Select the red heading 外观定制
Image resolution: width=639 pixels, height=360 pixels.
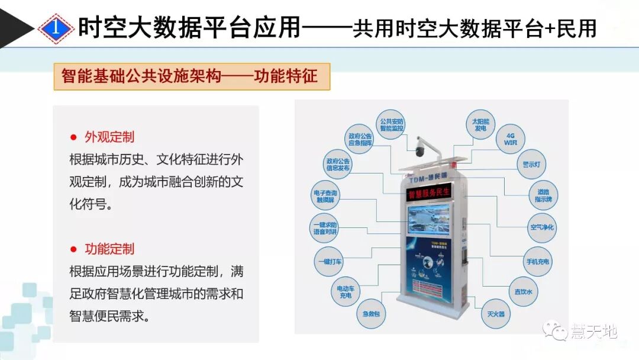click(x=109, y=137)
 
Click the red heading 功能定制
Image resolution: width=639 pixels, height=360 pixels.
click(x=109, y=249)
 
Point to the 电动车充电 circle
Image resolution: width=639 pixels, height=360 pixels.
click(x=345, y=292)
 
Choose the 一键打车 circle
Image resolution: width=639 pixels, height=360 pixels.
click(x=329, y=261)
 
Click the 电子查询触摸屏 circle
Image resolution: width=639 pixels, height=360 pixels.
click(x=325, y=197)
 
